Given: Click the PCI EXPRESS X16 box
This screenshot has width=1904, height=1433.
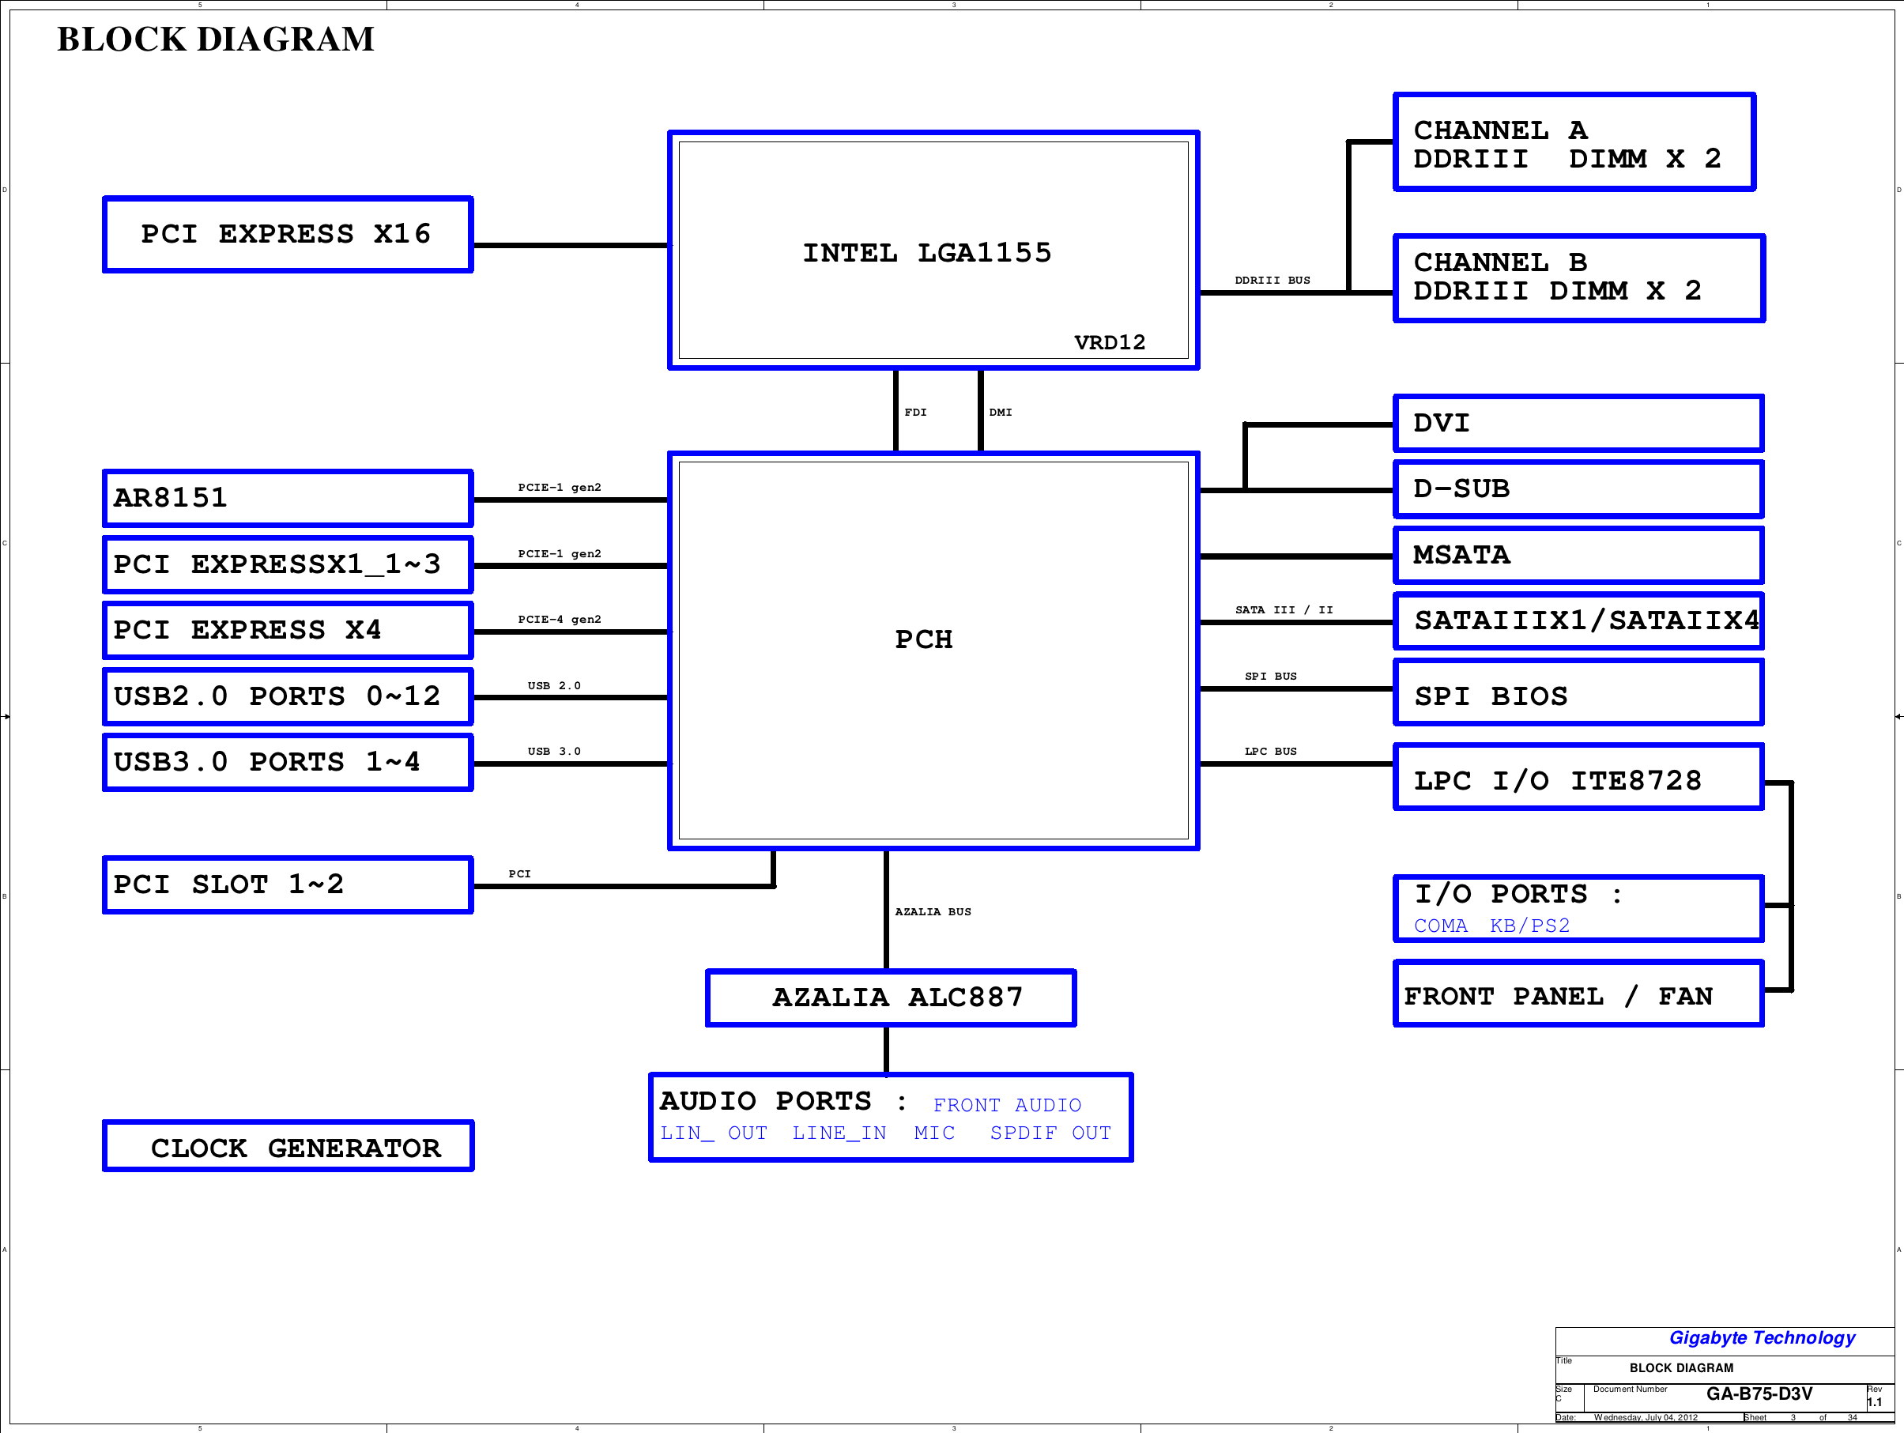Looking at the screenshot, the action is click(288, 234).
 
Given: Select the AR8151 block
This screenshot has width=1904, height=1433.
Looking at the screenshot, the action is click(288, 497).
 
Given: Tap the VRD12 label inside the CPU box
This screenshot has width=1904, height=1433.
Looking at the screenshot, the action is click(1110, 342).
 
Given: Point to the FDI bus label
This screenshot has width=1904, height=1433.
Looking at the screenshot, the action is click(915, 413).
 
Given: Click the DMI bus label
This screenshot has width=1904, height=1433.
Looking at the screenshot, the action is click(1000, 413).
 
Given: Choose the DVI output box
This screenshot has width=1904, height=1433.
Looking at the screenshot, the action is click(1578, 423).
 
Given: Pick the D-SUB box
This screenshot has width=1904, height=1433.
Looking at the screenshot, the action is click(1578, 488).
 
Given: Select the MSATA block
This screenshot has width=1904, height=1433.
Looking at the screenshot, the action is click(1578, 555).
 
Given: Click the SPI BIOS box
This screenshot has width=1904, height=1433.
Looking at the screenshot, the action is click(1578, 692).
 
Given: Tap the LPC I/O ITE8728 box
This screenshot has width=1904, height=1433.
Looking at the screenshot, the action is click(1578, 776).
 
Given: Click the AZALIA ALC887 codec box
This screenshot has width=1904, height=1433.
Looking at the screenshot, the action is click(891, 997).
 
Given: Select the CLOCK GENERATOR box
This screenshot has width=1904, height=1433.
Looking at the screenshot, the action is click(288, 1145).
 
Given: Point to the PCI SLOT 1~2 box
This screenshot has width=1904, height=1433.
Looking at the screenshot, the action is click(288, 884).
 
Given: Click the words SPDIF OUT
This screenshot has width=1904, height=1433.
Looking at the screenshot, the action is click(1050, 1133).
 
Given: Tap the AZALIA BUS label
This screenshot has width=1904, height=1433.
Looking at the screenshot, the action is click(933, 911).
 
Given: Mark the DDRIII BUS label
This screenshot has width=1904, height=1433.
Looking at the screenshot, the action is click(1272, 281).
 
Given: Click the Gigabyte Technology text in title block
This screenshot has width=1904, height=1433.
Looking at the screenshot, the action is click(1762, 1337).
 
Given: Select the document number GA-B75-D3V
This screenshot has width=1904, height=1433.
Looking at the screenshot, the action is click(1759, 1393).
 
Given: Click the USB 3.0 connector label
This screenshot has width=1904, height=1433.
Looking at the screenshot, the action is click(553, 752).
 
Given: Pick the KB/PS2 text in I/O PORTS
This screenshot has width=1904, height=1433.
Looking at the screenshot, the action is click(1529, 926).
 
